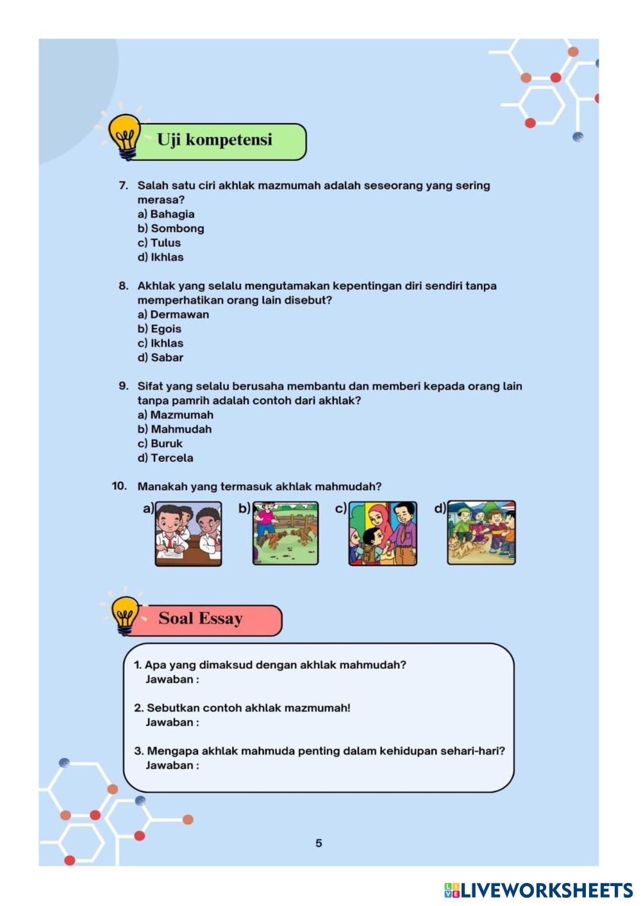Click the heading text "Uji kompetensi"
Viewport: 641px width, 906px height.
215,140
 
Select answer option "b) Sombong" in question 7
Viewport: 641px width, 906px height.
171,228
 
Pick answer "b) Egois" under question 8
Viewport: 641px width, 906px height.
160,329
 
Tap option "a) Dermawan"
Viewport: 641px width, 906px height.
173,315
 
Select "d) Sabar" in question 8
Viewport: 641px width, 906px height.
160,358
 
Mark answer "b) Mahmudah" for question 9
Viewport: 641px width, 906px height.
174,429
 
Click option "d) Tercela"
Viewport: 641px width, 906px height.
165,458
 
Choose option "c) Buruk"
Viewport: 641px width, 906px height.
160,443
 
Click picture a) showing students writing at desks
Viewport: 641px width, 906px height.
188,534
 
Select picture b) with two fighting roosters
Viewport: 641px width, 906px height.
285,533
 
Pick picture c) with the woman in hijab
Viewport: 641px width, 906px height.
383,533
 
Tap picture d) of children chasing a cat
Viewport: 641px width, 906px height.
481,532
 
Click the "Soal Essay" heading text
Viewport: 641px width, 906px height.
201,618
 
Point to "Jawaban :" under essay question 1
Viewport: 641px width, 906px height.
172,679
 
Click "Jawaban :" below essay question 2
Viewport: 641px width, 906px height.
172,722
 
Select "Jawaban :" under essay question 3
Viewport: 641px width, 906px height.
172,765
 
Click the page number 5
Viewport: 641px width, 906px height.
319,843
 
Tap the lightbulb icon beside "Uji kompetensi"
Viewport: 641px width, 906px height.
124,136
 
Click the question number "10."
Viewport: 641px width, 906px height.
119,486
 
